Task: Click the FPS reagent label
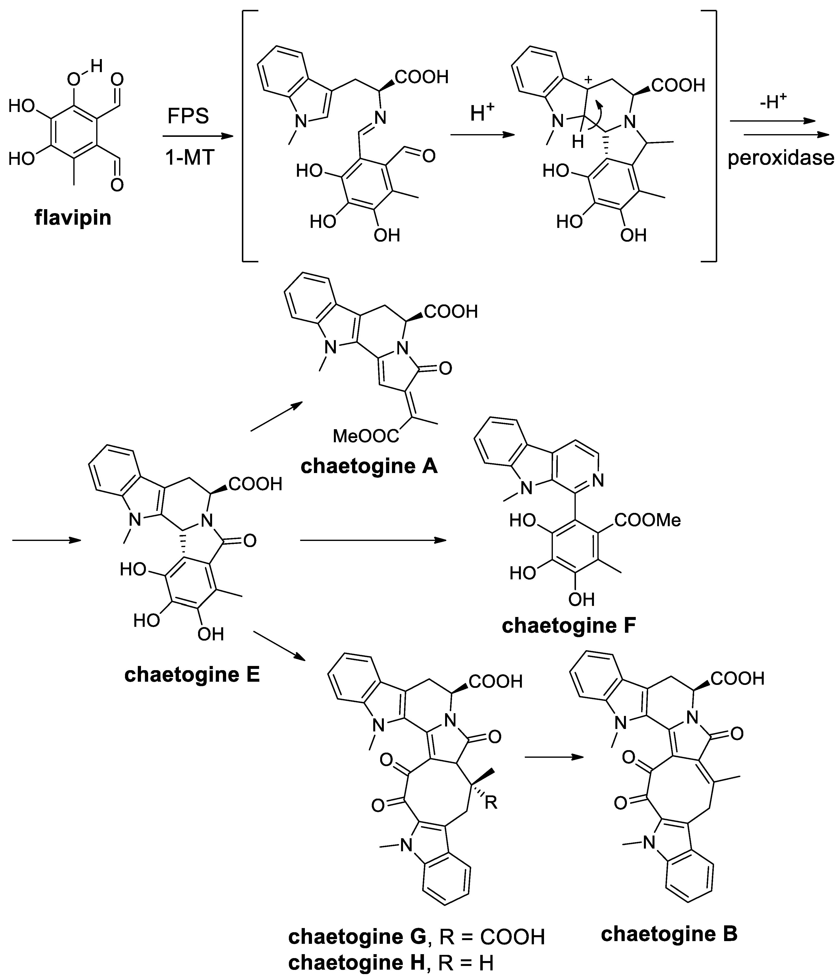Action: [188, 116]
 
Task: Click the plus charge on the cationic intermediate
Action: [588, 80]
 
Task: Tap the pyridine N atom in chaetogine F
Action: [598, 481]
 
